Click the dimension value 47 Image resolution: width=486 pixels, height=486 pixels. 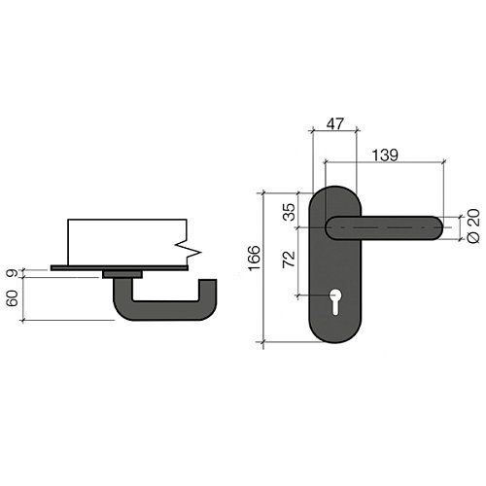point(334,124)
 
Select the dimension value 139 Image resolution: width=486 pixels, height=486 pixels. point(385,156)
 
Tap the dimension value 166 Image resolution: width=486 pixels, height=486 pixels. point(254,258)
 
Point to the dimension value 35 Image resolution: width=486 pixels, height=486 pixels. point(289,212)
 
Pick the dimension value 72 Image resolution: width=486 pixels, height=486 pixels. point(289,260)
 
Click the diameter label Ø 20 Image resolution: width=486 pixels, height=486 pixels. point(473,226)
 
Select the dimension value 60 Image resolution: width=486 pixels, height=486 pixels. point(13,298)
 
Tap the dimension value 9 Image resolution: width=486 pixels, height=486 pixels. point(13,273)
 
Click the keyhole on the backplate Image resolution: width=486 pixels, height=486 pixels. point(335,301)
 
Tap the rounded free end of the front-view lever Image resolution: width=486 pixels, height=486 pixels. point(435,227)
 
